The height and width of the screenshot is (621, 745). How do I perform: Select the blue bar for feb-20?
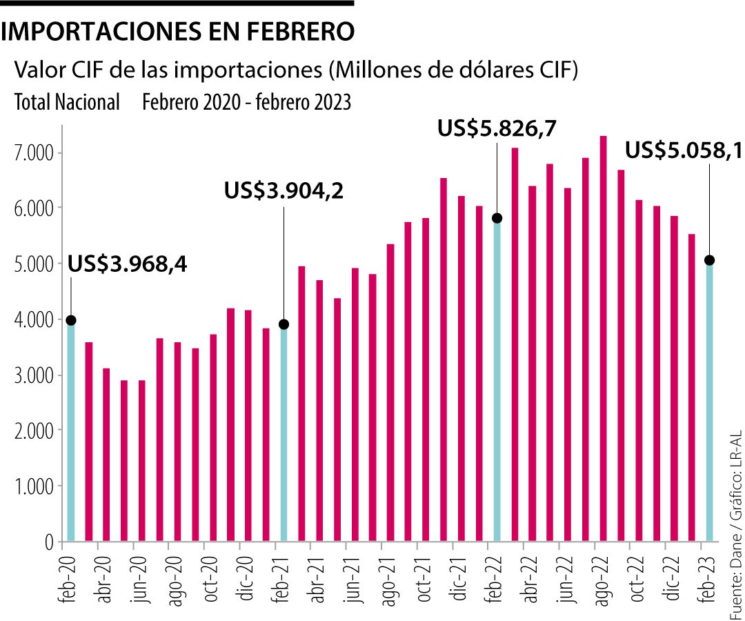pos(70,431)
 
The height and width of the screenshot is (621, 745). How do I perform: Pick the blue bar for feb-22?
pos(497,379)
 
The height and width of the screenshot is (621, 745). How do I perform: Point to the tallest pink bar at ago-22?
pos(603,338)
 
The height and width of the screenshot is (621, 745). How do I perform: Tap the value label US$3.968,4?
pos(127,264)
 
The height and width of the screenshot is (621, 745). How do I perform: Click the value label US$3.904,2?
pos(284,190)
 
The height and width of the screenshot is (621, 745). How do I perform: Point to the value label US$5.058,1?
pos(683,150)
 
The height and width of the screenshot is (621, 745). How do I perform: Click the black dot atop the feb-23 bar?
pos(709,260)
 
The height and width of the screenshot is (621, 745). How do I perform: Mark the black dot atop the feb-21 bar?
pos(284,324)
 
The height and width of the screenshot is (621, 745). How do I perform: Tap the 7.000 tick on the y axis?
pos(33,152)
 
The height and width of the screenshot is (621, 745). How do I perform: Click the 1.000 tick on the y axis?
pos(33,487)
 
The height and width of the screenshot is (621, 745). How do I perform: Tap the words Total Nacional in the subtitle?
pos(67,103)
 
